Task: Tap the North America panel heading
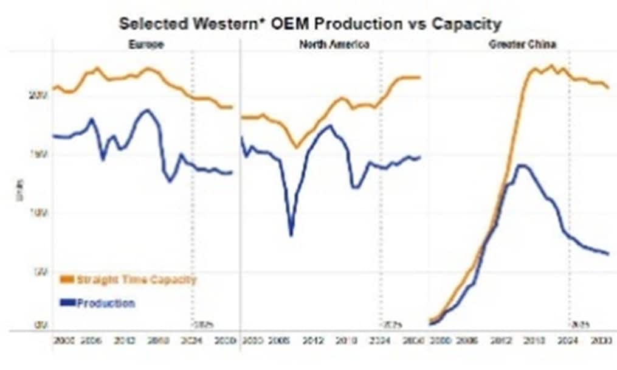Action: point(334,44)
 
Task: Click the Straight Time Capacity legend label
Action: point(136,280)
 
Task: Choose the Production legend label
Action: point(106,303)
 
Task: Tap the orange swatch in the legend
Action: point(66,280)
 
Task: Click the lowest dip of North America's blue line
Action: point(291,235)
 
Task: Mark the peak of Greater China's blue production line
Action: point(520,165)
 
